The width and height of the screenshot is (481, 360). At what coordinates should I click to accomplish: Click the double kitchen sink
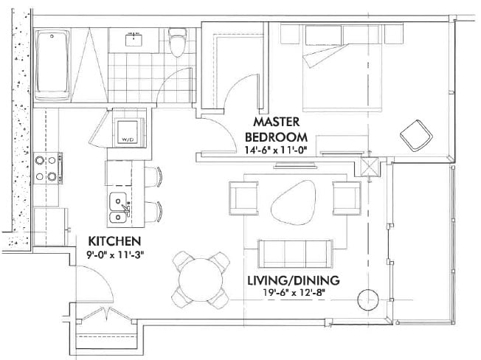click(118, 207)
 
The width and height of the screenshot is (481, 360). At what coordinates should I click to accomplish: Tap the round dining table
click(198, 280)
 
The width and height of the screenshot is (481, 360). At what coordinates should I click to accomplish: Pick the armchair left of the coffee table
click(244, 198)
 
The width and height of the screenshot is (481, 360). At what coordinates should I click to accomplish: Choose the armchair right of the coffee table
click(346, 197)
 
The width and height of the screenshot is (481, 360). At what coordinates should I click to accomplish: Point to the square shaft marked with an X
click(370, 165)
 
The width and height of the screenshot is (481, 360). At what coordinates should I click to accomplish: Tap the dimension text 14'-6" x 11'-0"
click(280, 150)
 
